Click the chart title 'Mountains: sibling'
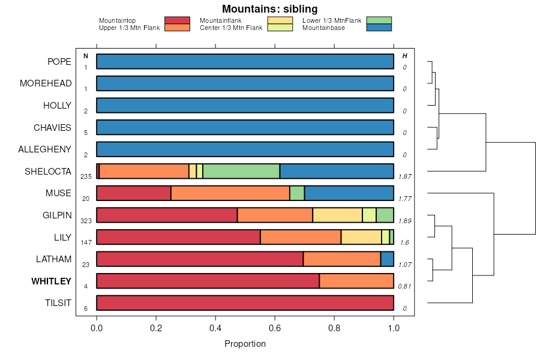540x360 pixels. click(269, 9)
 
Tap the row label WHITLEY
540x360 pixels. click(51, 281)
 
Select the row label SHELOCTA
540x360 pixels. click(48, 172)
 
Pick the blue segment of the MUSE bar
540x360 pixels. click(349, 193)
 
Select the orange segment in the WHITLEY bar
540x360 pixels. click(356, 281)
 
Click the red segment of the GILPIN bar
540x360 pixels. click(167, 215)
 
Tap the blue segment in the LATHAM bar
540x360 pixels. click(387, 259)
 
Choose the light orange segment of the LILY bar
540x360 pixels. click(361, 237)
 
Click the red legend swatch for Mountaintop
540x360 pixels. click(176, 20)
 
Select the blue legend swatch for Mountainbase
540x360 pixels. click(378, 28)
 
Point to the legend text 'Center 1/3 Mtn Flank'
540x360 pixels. click(231, 28)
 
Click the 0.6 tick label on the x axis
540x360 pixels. click(274, 328)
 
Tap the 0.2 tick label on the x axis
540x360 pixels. click(156, 328)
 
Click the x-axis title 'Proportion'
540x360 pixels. click(245, 344)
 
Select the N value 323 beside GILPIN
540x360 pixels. click(86, 221)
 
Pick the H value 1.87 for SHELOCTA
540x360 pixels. click(405, 177)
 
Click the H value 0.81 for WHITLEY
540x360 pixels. click(405, 286)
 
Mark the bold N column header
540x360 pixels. click(86, 56)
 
